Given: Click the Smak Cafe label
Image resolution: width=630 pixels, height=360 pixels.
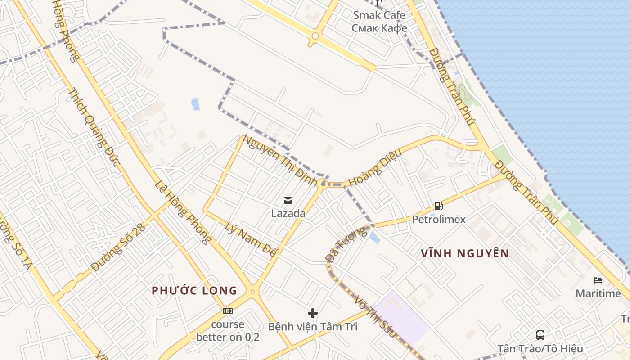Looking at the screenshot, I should (379, 15).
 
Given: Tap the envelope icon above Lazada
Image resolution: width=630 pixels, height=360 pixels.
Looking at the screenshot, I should (288, 201).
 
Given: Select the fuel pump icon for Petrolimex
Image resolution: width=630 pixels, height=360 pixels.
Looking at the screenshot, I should (439, 207).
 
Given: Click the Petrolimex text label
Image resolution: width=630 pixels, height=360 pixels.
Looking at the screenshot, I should (439, 220).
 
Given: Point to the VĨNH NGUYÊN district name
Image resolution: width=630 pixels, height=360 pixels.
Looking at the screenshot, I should (465, 253).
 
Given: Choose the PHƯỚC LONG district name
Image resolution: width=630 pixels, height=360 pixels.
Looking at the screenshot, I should (194, 290).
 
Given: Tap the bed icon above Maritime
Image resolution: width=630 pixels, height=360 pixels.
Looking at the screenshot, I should (598, 280).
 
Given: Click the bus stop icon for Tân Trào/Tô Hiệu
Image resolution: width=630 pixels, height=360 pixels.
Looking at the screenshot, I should (540, 335).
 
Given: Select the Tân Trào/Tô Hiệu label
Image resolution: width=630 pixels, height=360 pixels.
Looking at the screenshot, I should (540, 348).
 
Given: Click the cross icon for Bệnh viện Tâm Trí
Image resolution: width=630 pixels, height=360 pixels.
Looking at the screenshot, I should (313, 313).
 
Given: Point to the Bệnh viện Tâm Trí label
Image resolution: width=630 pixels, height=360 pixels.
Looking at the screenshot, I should (313, 326).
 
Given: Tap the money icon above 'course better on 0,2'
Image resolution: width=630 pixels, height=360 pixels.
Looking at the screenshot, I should (228, 311).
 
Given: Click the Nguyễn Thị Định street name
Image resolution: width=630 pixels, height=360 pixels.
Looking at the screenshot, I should (280, 159).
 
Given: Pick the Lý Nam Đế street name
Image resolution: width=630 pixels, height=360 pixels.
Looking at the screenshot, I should (250, 240).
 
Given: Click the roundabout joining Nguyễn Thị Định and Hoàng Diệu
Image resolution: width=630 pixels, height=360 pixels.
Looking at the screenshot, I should (322, 184).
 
